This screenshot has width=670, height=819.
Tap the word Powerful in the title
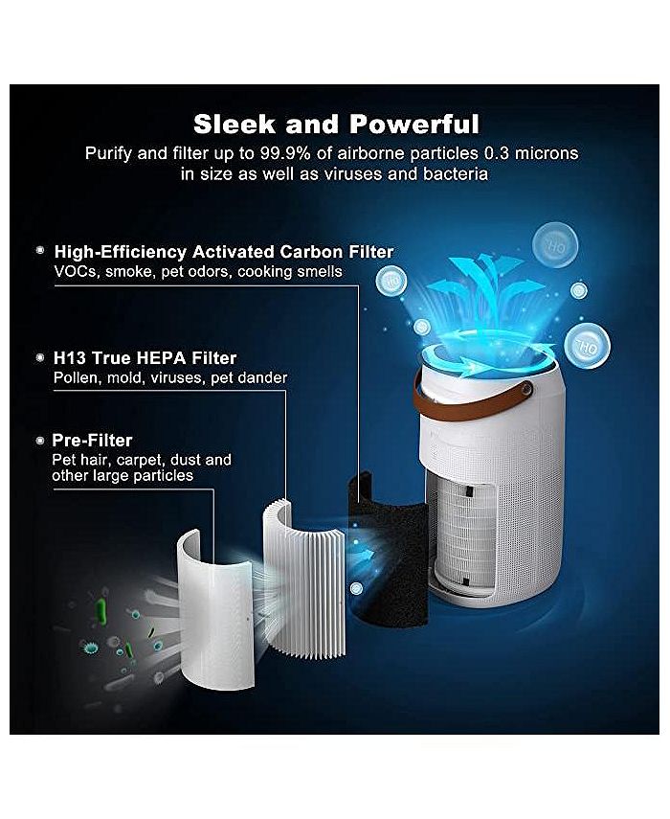tap(414, 124)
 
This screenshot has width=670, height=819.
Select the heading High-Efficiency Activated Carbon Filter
tap(224, 252)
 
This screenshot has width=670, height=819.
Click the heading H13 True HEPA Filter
tap(145, 358)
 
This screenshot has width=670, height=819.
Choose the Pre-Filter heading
tap(94, 441)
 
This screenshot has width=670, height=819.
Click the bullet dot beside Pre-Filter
tap(40, 441)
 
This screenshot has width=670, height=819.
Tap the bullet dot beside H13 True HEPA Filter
tap(40, 357)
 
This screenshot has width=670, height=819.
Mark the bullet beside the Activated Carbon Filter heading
tap(40, 250)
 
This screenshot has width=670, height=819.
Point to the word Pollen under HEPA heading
tap(75, 378)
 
